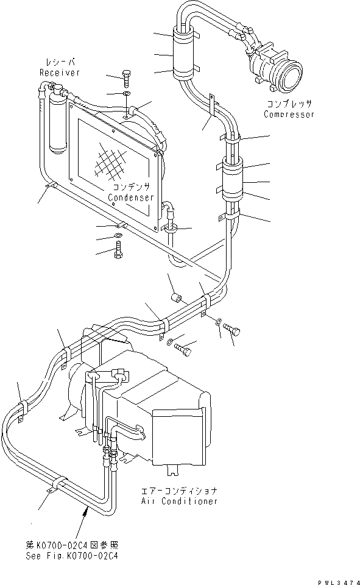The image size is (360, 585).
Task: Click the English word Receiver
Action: coord(60,73)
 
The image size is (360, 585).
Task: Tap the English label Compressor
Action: coord(289,114)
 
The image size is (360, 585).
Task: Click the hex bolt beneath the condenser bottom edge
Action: coord(118,250)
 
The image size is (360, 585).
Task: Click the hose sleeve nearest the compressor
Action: coord(183,55)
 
